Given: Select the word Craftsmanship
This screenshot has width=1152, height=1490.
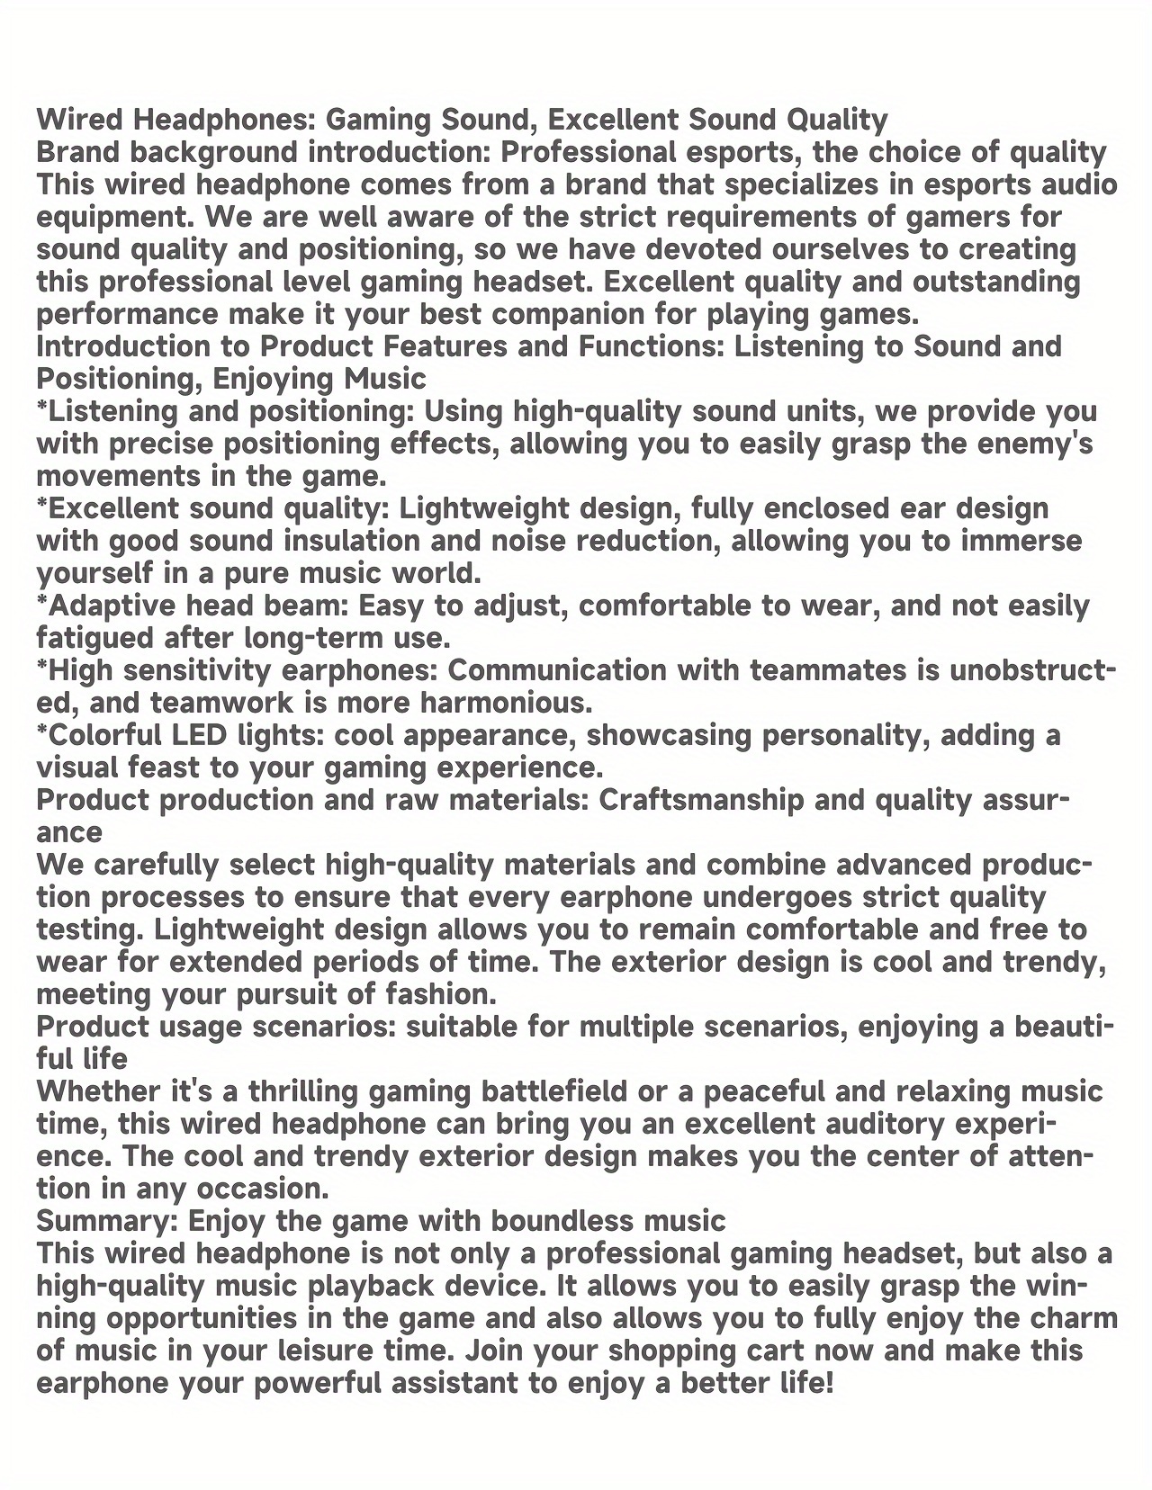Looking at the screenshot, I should pos(701,800).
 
